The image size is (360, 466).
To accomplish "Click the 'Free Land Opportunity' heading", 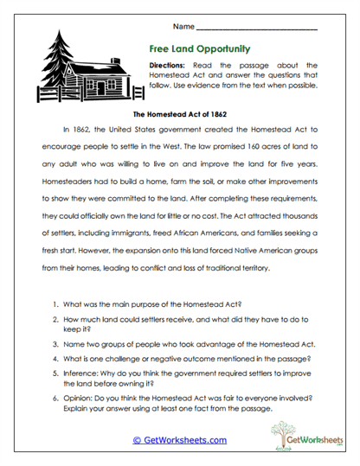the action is [187, 48].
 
